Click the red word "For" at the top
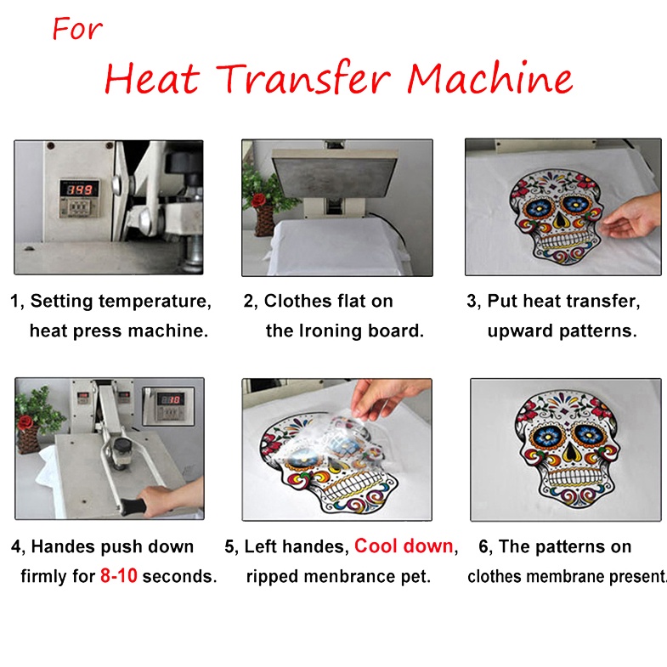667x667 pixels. pos(77,29)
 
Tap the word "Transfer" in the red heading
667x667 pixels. pos(303,77)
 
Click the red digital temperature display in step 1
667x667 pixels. pos(79,189)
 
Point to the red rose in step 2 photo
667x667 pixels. pos(258,200)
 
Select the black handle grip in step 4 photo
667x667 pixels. pos(133,506)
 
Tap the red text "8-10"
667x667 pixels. pos(119,575)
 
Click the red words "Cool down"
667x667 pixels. pos(404,545)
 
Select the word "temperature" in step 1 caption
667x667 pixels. pos(155,301)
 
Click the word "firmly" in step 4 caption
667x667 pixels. pos(44,576)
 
